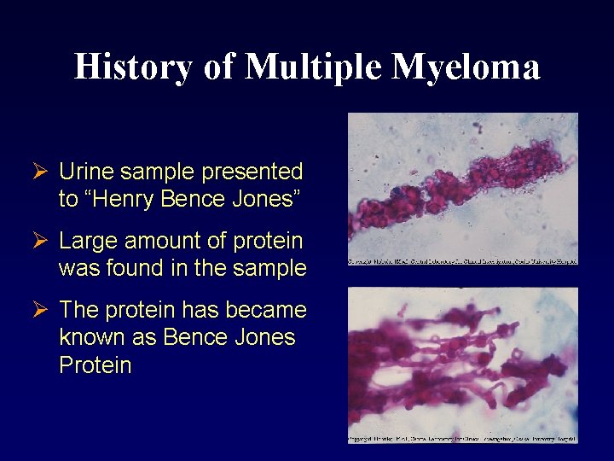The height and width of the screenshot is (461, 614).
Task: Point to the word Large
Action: [x=88, y=241]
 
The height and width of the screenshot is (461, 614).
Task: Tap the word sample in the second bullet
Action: [x=271, y=268]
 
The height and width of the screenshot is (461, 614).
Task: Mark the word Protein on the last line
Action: [x=95, y=365]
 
